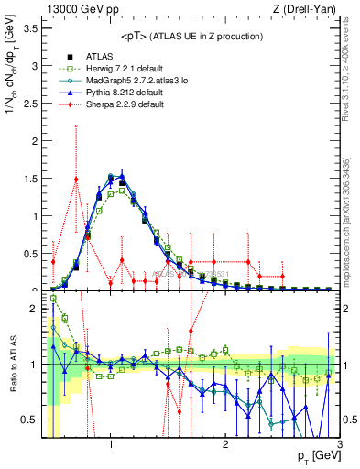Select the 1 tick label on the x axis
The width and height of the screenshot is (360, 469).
point(111,445)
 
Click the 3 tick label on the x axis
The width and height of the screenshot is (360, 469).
point(339,445)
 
